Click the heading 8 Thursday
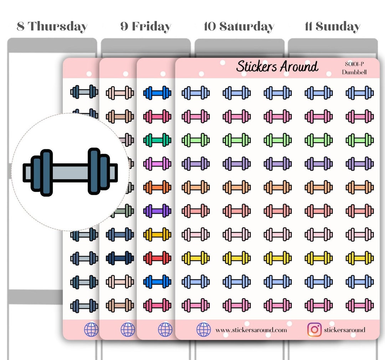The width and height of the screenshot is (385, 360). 52,26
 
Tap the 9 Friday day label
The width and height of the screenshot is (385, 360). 145,26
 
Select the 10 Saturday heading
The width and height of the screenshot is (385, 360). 239,26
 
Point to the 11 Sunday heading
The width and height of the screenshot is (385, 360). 332,26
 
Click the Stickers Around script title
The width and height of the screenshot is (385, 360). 277,67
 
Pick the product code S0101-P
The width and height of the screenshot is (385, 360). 354,64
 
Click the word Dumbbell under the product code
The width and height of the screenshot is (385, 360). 354,72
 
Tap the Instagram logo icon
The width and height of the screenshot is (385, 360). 314,330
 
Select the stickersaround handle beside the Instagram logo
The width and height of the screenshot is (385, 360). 344,330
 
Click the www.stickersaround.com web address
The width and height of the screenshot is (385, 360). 251,330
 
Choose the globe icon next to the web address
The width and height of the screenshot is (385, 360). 204,330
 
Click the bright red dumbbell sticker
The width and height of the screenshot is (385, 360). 157,257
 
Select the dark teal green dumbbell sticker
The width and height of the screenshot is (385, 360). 157,140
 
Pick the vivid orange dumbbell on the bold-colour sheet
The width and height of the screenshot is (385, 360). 157,187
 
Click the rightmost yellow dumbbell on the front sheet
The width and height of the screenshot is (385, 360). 360,257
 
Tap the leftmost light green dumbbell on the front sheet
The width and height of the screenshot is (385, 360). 196,140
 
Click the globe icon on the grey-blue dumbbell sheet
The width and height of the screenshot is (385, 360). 91,330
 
